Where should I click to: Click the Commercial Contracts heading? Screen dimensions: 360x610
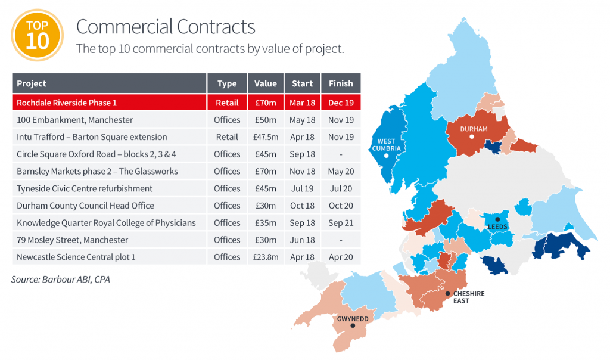click(x=166, y=27)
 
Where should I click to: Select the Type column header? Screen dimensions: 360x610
click(x=227, y=83)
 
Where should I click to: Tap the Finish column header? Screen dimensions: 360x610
click(x=341, y=83)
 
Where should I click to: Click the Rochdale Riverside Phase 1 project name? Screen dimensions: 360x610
click(x=67, y=103)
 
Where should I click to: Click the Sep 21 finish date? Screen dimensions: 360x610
click(x=341, y=223)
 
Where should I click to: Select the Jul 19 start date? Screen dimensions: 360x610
click(x=302, y=188)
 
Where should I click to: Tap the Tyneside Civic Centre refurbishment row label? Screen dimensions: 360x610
click(x=85, y=188)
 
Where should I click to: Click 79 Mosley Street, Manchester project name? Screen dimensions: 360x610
click(x=72, y=240)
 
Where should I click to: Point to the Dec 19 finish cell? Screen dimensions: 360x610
click(x=341, y=103)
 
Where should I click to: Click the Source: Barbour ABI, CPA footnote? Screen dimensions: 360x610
click(x=60, y=279)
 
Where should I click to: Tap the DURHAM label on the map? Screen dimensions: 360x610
click(x=474, y=129)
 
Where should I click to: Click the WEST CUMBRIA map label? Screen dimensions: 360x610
click(x=386, y=145)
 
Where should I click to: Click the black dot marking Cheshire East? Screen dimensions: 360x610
click(x=447, y=293)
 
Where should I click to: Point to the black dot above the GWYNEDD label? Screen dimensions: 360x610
click(x=353, y=325)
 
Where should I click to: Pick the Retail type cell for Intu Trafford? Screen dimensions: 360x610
click(x=227, y=137)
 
